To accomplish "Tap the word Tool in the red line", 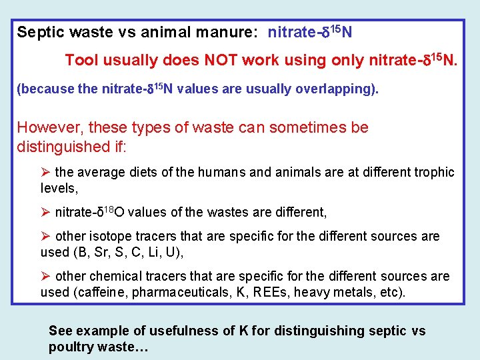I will point(82,61).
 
